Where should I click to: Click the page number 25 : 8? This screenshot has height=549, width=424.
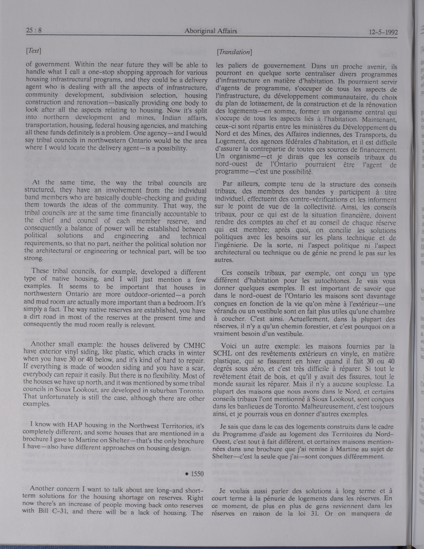pos(34,31)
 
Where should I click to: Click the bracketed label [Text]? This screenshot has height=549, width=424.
pos(33,51)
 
